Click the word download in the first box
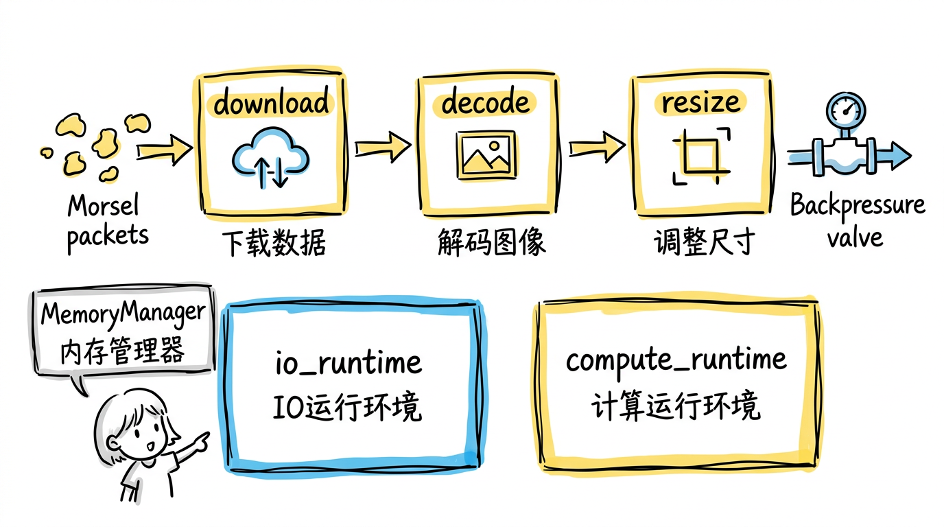click(271, 103)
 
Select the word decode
click(486, 103)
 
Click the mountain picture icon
click(486, 156)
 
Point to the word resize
click(701, 103)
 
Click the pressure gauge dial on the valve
click(846, 110)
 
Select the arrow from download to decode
click(381, 145)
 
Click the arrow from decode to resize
click(596, 145)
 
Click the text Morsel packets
click(107, 220)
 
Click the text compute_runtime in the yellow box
click(676, 360)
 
